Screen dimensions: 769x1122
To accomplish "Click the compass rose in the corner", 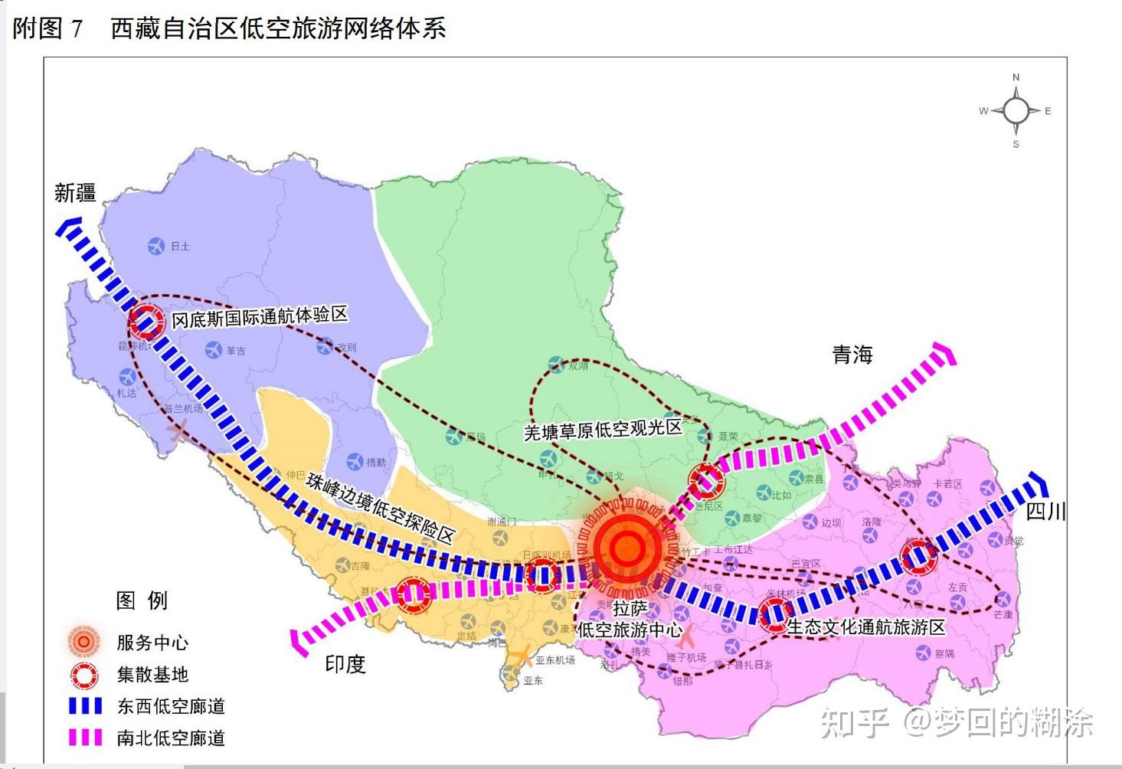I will pyautogui.click(x=1016, y=111).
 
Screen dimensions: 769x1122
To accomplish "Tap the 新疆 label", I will pyautogui.click(x=74, y=192).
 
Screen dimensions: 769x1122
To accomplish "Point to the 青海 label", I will pyautogui.click(x=852, y=355).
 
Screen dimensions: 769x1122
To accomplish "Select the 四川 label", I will pyautogui.click(x=1045, y=512).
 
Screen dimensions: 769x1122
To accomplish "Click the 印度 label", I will pyautogui.click(x=345, y=664).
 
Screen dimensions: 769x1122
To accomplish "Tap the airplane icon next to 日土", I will pyautogui.click(x=156, y=246).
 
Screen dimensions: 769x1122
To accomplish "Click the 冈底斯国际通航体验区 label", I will pyautogui.click(x=260, y=316).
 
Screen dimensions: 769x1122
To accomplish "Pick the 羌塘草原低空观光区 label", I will pyautogui.click(x=603, y=430).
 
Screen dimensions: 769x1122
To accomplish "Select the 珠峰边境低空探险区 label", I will pyautogui.click(x=381, y=507).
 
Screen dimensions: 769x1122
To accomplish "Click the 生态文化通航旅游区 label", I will pyautogui.click(x=866, y=627).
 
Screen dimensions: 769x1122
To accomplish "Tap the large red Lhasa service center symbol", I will pyautogui.click(x=627, y=547).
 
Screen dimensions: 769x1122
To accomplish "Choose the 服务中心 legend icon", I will pyautogui.click(x=83, y=642).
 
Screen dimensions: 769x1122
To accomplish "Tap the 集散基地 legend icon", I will pyautogui.click(x=84, y=675).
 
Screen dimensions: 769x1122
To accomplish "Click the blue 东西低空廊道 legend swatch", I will pyautogui.click(x=85, y=706).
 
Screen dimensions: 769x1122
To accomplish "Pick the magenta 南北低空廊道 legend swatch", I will pyautogui.click(x=85, y=738).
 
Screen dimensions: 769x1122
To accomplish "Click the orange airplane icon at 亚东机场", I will pyautogui.click(x=522, y=656).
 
